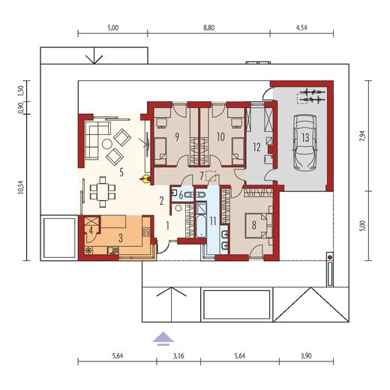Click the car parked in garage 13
[x=302, y=141]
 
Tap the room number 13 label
[x=306, y=138]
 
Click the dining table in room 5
[x=100, y=190]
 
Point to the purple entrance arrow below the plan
[x=161, y=338]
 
